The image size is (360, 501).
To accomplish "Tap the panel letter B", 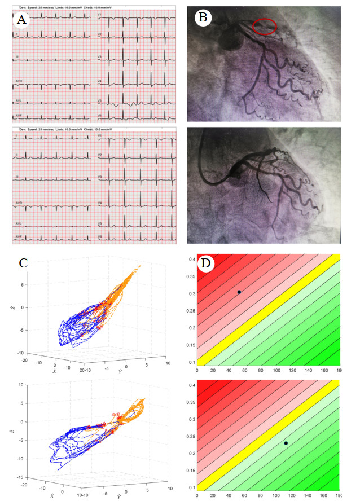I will tap(201, 17).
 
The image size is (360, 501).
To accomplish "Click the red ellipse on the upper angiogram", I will tap(265, 26).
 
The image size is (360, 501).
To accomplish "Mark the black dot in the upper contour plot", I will tap(239, 292).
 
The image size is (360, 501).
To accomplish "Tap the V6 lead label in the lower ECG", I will tap(99, 236).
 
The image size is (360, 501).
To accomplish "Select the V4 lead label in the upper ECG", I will tap(99, 81).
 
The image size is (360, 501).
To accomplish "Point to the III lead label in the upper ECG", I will tap(17, 56).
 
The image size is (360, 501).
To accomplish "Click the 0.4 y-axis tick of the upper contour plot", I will tap(192, 259).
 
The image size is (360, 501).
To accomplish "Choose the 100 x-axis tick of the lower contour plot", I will tap(276, 496).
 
